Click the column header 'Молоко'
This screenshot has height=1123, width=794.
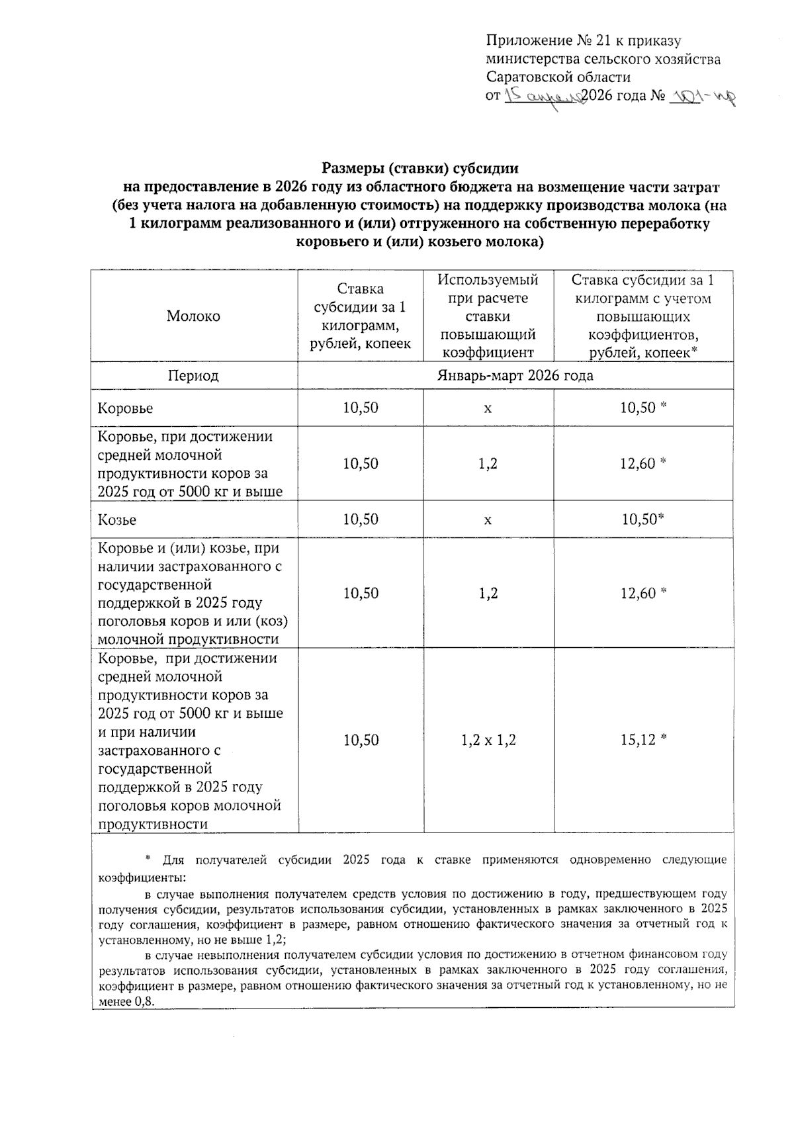click(193, 316)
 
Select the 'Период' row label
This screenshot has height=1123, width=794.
click(193, 376)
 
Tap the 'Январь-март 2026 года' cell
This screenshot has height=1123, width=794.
click(515, 376)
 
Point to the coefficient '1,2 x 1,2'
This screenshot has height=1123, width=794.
click(488, 740)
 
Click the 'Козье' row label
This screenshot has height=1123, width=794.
click(117, 519)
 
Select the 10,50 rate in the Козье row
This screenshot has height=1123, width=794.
click(361, 519)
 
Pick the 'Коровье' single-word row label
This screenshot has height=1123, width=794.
click(125, 408)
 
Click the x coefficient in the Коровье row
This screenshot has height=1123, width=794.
click(488, 408)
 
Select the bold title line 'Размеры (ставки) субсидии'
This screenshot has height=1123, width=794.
click(419, 169)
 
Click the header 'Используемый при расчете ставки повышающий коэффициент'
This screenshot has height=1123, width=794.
click(488, 316)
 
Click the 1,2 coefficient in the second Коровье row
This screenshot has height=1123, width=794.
click(488, 463)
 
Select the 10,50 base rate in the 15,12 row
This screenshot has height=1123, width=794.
click(361, 740)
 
